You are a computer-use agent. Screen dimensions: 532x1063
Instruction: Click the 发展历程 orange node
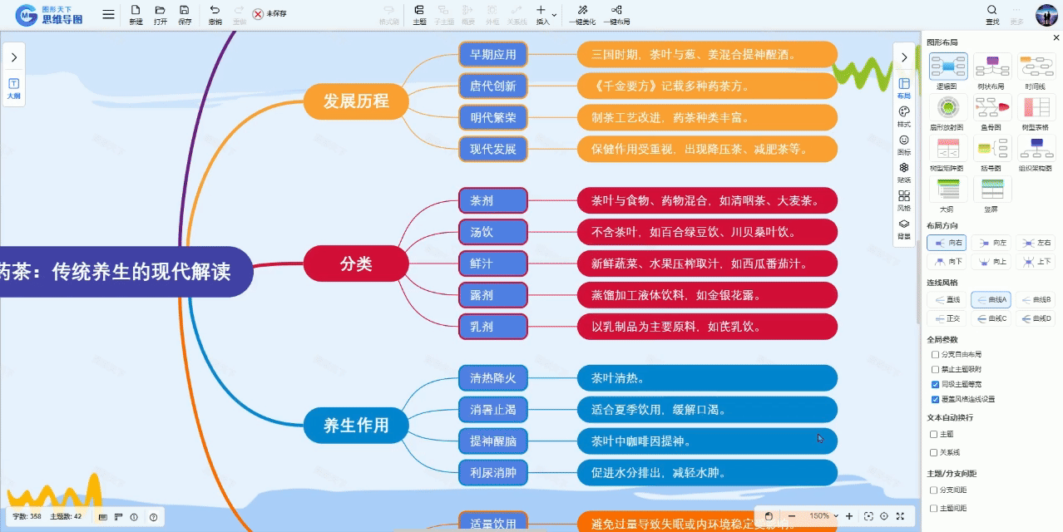click(x=356, y=101)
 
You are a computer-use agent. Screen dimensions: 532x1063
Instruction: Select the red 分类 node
click(x=356, y=264)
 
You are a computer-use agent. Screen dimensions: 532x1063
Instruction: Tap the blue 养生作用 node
click(x=356, y=426)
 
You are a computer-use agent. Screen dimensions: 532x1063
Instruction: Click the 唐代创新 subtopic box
click(x=493, y=86)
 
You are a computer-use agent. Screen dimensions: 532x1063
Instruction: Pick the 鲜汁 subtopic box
click(x=493, y=264)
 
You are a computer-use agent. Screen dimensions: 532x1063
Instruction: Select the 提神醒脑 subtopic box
click(x=493, y=441)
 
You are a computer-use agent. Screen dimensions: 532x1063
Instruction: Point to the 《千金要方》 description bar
click(x=707, y=86)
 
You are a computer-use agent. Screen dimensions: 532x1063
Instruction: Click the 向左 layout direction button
click(x=992, y=242)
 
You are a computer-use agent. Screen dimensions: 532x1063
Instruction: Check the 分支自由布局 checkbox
click(x=935, y=354)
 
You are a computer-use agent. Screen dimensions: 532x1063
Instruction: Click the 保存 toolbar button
click(x=185, y=14)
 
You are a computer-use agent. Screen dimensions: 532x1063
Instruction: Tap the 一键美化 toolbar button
click(x=582, y=14)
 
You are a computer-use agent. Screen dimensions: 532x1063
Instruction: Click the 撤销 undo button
click(x=215, y=14)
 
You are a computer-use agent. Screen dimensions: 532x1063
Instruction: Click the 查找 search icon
click(x=991, y=14)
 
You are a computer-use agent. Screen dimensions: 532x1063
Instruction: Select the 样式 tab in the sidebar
click(x=904, y=116)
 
